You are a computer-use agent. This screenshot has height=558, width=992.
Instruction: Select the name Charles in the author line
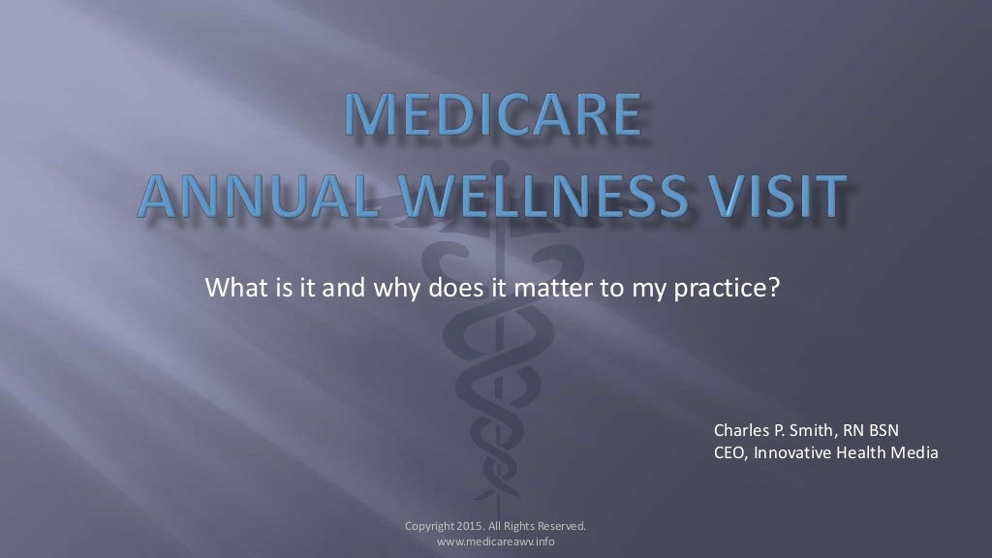(743, 429)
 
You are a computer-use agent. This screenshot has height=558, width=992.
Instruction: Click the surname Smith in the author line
(810, 429)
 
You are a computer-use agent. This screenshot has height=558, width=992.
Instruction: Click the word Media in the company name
(914, 452)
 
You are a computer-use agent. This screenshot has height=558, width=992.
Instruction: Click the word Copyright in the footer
(428, 526)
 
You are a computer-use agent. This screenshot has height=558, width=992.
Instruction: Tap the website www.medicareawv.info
(496, 541)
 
